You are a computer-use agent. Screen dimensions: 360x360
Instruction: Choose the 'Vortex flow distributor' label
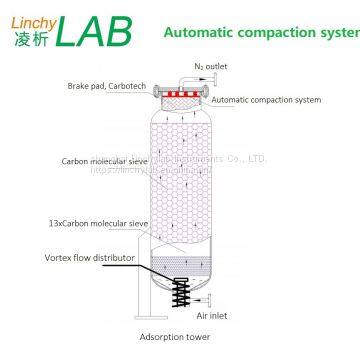(x=109, y=254)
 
